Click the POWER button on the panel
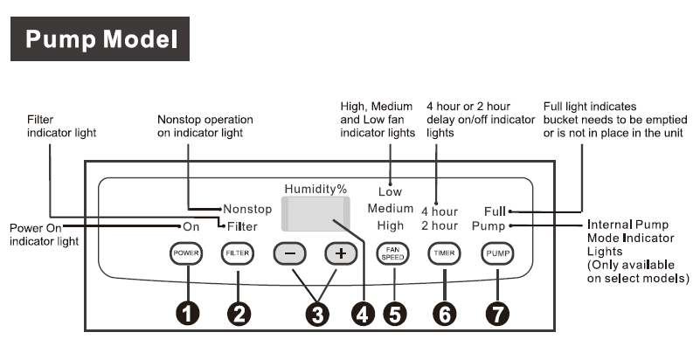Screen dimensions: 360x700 187,253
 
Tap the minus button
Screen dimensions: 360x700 291,253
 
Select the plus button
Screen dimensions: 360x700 342,253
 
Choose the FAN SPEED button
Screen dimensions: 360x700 393,253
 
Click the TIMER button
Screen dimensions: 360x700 444,253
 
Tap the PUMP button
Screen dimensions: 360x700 497,253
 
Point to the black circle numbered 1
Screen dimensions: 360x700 187,313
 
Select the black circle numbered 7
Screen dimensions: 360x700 497,313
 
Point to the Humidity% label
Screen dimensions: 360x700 315,188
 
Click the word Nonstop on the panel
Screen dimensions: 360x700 248,210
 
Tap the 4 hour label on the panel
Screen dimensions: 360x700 439,211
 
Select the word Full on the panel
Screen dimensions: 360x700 495,211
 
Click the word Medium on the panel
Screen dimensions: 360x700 391,209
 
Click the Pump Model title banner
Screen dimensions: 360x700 101,39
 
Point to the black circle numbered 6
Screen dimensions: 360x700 444,313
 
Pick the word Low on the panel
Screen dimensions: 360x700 391,191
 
